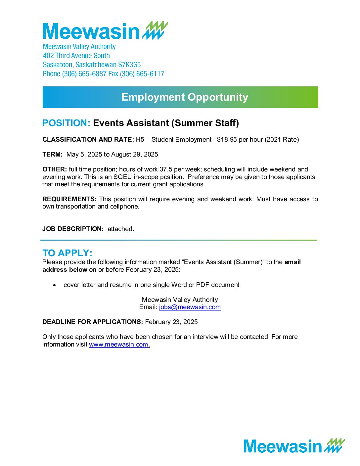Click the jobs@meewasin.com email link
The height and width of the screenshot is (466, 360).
(190, 307)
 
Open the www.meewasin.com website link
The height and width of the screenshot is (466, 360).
(119, 345)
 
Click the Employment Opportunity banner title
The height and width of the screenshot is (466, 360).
(185, 97)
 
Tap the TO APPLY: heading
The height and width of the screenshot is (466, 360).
(67, 253)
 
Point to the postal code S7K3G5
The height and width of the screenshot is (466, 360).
(129, 65)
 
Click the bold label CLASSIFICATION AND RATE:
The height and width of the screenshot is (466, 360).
(88, 140)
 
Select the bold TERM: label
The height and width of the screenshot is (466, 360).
(53, 155)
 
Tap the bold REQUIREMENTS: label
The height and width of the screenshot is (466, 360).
(69, 199)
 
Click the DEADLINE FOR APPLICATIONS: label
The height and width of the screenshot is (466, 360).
(93, 322)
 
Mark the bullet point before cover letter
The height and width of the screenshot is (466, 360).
(55, 285)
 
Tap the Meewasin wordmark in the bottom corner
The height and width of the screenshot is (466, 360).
(283, 446)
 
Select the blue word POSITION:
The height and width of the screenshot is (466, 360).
(67, 123)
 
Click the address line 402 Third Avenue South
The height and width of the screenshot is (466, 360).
(76, 56)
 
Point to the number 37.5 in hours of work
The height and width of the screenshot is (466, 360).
(166, 169)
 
